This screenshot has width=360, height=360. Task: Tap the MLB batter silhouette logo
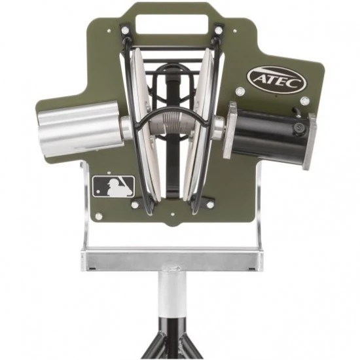coord(113,186)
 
